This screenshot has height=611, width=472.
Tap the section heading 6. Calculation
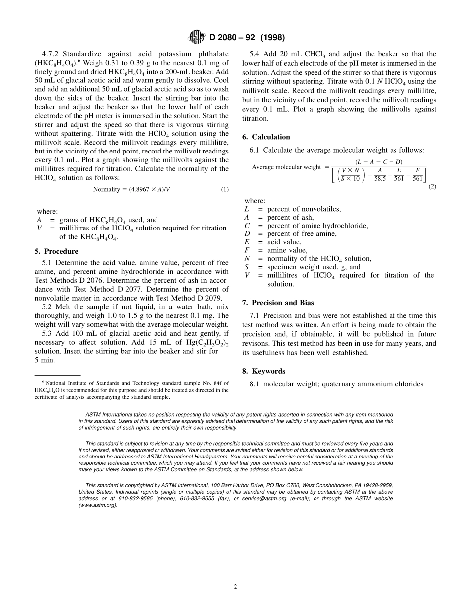tap(266, 137)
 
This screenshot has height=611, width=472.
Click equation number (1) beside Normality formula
tap(225, 189)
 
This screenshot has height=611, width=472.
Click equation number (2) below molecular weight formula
tap(432, 186)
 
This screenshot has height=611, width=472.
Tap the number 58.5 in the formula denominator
tap(380, 179)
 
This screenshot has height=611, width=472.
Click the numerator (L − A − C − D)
tap(379, 162)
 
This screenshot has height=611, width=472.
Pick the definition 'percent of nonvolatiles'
tap(304, 209)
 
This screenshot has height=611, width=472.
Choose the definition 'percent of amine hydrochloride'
tap(317, 226)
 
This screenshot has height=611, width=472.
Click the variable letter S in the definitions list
tap(247, 267)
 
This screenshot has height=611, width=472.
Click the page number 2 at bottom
tap(236, 587)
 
